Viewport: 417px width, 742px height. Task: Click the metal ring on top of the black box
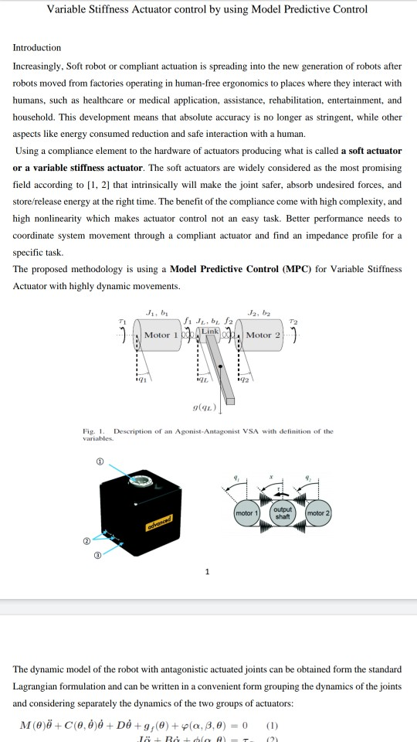[x=141, y=482]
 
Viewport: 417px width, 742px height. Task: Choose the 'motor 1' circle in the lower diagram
[x=246, y=513]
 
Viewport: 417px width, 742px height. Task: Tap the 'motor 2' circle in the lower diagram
[x=318, y=513]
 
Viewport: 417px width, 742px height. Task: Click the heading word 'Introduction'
[x=37, y=47]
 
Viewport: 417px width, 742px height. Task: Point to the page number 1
[x=207, y=572]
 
